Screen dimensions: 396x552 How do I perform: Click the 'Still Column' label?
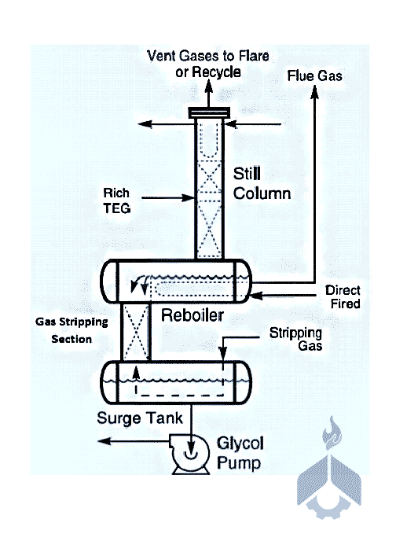[x=262, y=184]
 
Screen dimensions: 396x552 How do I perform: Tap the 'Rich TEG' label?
[x=117, y=201]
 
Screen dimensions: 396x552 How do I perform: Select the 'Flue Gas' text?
[x=314, y=75]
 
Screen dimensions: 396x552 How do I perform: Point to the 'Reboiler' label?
[x=192, y=315]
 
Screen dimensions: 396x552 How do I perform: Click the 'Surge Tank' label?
[x=140, y=418]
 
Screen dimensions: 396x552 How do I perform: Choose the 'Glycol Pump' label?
[x=240, y=453]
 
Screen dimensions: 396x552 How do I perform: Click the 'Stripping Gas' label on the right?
[x=295, y=339]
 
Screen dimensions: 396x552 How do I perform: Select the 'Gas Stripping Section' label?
[x=71, y=330]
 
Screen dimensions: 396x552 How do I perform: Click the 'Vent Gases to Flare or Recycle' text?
[x=208, y=64]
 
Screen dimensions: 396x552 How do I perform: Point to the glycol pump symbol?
[x=190, y=454]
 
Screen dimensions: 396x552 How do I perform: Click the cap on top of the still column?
[x=209, y=113]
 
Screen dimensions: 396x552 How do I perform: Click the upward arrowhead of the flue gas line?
[x=315, y=91]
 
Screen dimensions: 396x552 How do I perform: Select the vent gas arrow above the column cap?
[x=209, y=94]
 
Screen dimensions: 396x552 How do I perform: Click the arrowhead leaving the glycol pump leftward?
[x=104, y=441]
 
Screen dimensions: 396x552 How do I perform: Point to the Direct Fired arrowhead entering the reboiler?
[x=256, y=295]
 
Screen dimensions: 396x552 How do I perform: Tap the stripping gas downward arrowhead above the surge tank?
[x=222, y=353]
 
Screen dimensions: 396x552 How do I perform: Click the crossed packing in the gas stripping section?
[x=136, y=331]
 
